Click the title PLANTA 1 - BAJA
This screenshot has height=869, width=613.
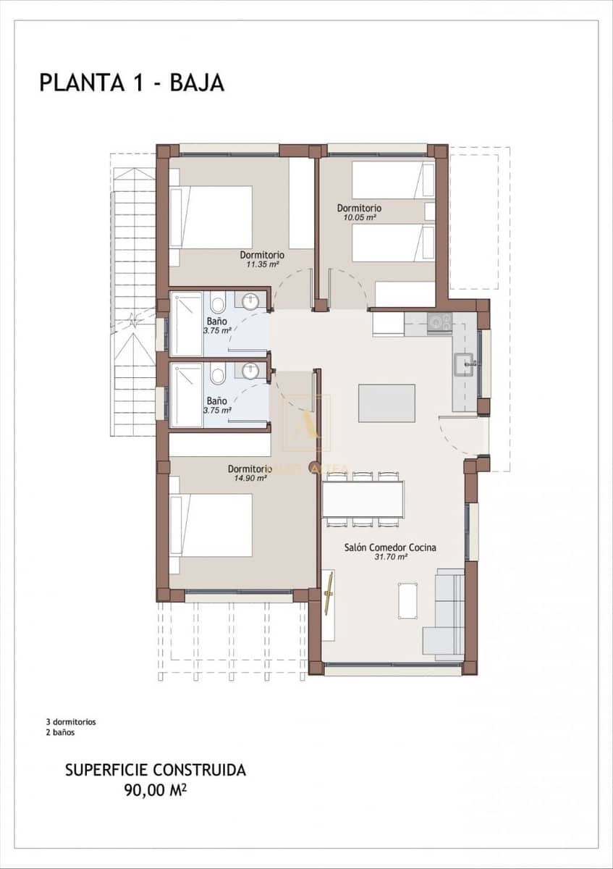click(132, 83)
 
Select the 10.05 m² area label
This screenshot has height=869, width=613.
click(360, 217)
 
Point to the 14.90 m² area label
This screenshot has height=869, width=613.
click(250, 477)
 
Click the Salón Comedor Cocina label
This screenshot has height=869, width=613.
click(390, 547)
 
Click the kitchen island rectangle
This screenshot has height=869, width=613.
click(386, 403)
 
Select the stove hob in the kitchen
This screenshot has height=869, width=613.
click(439, 322)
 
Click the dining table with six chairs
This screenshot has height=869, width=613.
click(363, 499)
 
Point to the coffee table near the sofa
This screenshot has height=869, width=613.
click(407, 600)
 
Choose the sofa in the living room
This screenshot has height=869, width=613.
click(444, 614)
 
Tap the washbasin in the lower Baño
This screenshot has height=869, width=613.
click(250, 371)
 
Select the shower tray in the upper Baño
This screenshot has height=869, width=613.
click(186, 324)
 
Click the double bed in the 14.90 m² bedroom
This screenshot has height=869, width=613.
click(211, 525)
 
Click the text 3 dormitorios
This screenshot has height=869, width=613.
click(71, 722)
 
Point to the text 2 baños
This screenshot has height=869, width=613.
click(60, 732)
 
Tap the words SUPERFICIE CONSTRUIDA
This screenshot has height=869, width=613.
click(155, 770)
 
